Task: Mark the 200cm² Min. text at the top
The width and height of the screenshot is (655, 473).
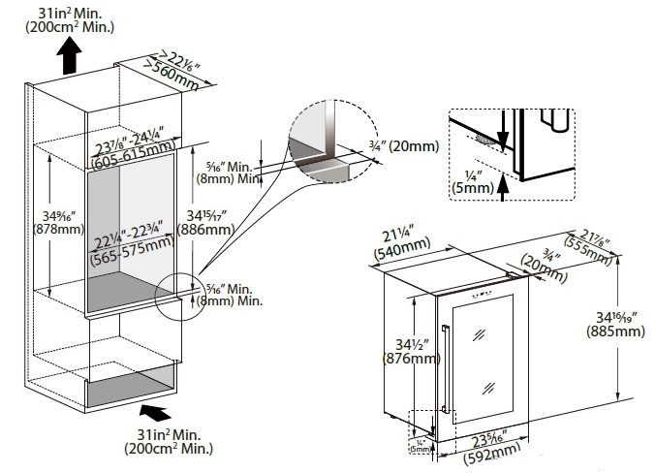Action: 72,26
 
